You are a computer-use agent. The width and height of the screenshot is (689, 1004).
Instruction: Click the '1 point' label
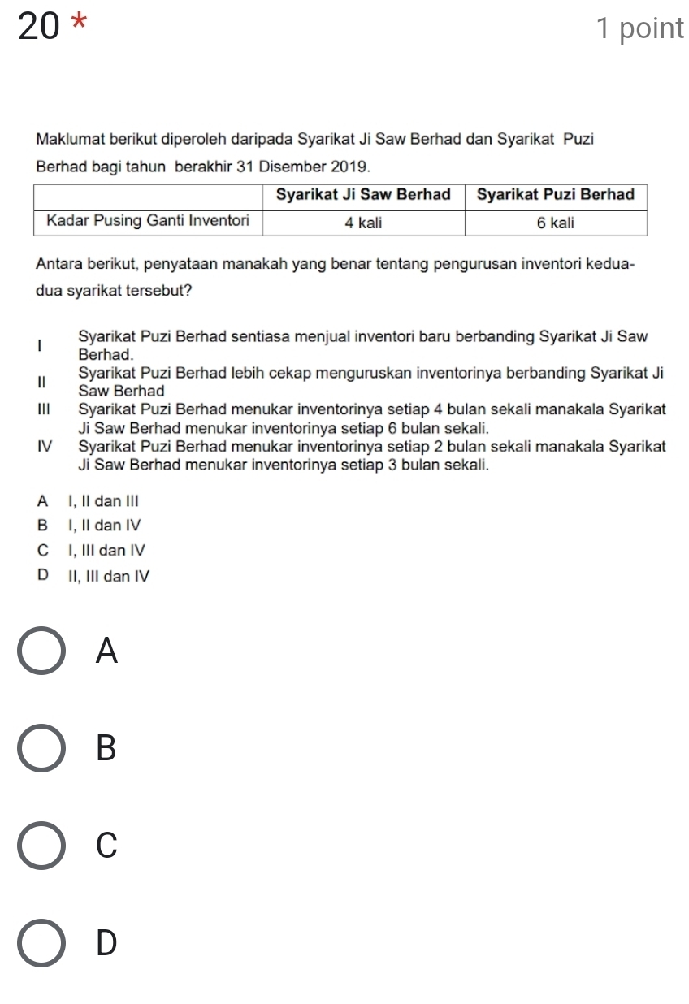pyautogui.click(x=639, y=28)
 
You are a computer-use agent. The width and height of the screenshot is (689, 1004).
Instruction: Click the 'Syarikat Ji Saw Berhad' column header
pyautogui.click(x=363, y=195)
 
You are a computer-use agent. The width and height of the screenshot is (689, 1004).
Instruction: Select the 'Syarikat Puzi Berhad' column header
pyautogui.click(x=556, y=195)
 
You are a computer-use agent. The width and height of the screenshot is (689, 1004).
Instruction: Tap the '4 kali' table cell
pyautogui.click(x=363, y=223)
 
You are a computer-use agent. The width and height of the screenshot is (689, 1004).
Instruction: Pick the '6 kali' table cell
pyautogui.click(x=556, y=223)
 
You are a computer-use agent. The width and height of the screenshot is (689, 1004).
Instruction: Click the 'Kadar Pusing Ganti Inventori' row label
pyautogui.click(x=148, y=220)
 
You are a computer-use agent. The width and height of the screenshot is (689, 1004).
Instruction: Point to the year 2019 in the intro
pyautogui.click(x=351, y=167)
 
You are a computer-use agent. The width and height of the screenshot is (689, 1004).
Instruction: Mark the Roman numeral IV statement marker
pyautogui.click(x=45, y=447)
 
